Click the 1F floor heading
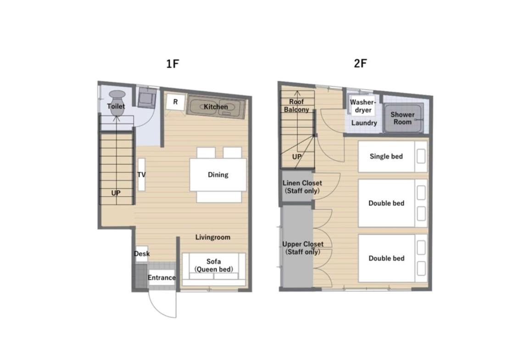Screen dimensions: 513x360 (173, 63)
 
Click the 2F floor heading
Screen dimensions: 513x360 (360, 63)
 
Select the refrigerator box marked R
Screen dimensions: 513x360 (175, 102)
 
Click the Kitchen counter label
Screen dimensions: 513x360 (216, 107)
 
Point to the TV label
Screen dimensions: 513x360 (141, 174)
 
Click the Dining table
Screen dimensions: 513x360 (218, 175)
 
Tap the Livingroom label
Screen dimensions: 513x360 (212, 237)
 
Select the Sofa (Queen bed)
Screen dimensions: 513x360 (214, 269)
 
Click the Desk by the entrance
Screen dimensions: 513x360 (142, 253)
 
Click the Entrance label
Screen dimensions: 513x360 (162, 277)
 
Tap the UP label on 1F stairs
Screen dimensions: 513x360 (116, 193)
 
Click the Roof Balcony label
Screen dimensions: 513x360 (296, 106)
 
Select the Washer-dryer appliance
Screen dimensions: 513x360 (363, 106)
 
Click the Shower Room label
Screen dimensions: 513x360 (402, 118)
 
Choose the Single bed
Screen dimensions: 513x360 (393, 157)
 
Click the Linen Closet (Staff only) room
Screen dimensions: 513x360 (297, 187)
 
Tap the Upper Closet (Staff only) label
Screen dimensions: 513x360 (303, 248)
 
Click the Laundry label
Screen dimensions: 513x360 (364, 123)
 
